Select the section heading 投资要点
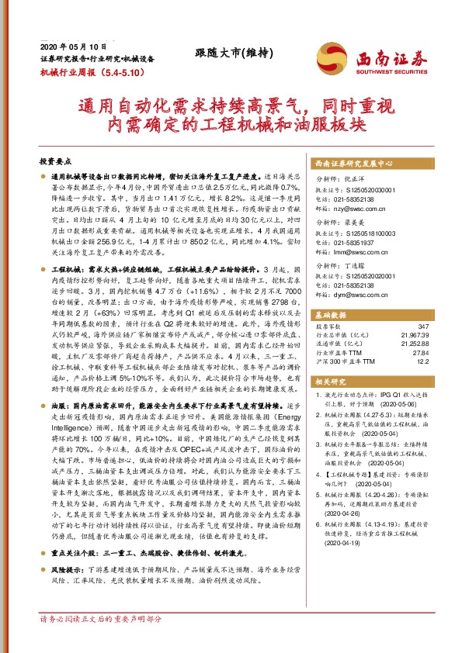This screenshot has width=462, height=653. point(54,162)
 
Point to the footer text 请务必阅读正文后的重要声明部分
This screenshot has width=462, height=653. point(101,641)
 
